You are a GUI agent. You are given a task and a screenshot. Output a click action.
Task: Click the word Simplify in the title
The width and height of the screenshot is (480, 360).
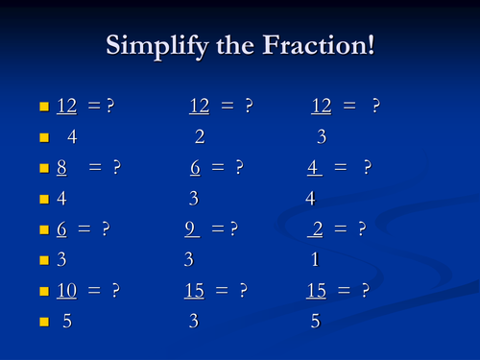click(x=155, y=45)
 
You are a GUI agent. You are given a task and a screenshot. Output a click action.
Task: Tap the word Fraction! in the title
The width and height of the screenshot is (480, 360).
click(x=317, y=45)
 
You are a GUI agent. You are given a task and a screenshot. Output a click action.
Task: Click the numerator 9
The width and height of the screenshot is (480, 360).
click(x=192, y=229)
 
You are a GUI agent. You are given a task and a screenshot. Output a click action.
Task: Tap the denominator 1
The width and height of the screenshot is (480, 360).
click(x=315, y=260)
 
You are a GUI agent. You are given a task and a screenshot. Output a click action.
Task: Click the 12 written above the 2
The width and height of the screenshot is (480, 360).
click(x=200, y=107)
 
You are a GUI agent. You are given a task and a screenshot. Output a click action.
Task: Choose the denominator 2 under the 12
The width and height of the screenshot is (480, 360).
click(x=199, y=137)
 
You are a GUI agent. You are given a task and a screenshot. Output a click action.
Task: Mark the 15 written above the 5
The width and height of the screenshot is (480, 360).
click(x=317, y=291)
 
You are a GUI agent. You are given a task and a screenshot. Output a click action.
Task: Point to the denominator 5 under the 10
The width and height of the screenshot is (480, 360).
click(x=66, y=322)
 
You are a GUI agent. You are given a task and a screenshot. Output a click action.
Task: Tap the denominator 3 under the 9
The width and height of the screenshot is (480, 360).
click(x=188, y=260)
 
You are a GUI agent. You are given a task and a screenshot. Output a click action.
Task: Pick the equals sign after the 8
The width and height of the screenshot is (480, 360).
click(x=95, y=168)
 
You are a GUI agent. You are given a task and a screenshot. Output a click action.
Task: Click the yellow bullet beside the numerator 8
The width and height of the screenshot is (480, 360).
click(x=43, y=169)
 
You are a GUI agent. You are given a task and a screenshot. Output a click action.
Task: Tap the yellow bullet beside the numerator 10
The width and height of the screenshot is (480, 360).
click(x=43, y=292)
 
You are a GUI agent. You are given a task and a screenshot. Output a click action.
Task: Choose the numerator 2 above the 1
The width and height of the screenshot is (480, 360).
click(x=318, y=229)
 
